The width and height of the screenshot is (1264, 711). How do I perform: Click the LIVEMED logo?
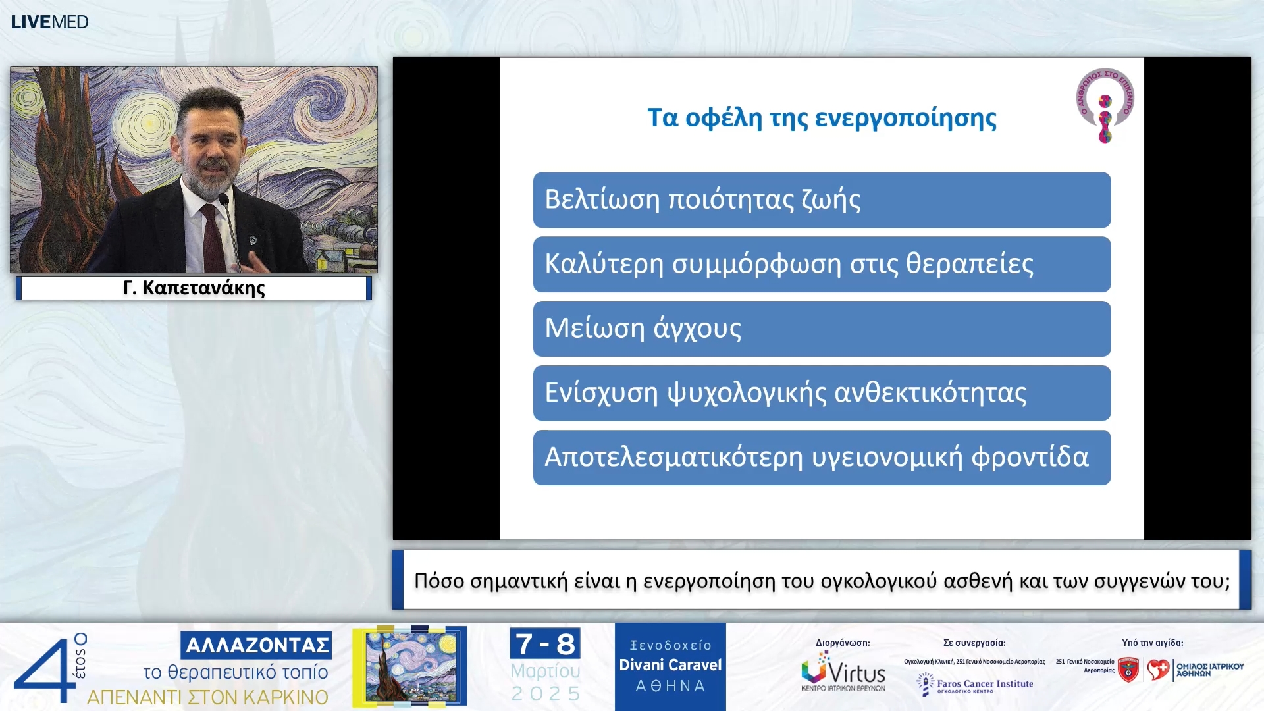(49, 22)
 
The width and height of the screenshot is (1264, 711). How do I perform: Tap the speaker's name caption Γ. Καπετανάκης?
(194, 288)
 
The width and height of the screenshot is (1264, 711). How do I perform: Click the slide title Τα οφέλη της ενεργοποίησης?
(821, 118)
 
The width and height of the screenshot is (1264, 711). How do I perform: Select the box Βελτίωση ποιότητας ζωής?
(821, 199)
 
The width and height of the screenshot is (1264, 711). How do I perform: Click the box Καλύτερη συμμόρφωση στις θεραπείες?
(821, 264)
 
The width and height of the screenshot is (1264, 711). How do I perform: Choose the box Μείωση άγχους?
(821, 329)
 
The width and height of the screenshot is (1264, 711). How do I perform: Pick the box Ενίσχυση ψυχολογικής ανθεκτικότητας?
(821, 393)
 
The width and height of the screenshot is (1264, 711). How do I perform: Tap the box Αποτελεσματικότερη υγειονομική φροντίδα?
(821, 458)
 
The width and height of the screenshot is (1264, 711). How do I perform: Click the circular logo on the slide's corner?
(1105, 105)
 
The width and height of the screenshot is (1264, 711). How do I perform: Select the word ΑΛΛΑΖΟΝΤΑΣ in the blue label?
(257, 645)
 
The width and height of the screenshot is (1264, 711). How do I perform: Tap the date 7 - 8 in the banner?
(545, 644)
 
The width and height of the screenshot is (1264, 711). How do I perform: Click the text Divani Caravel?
(670, 665)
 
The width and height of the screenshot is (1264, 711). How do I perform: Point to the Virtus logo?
(843, 671)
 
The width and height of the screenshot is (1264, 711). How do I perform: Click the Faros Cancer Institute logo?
(975, 684)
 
